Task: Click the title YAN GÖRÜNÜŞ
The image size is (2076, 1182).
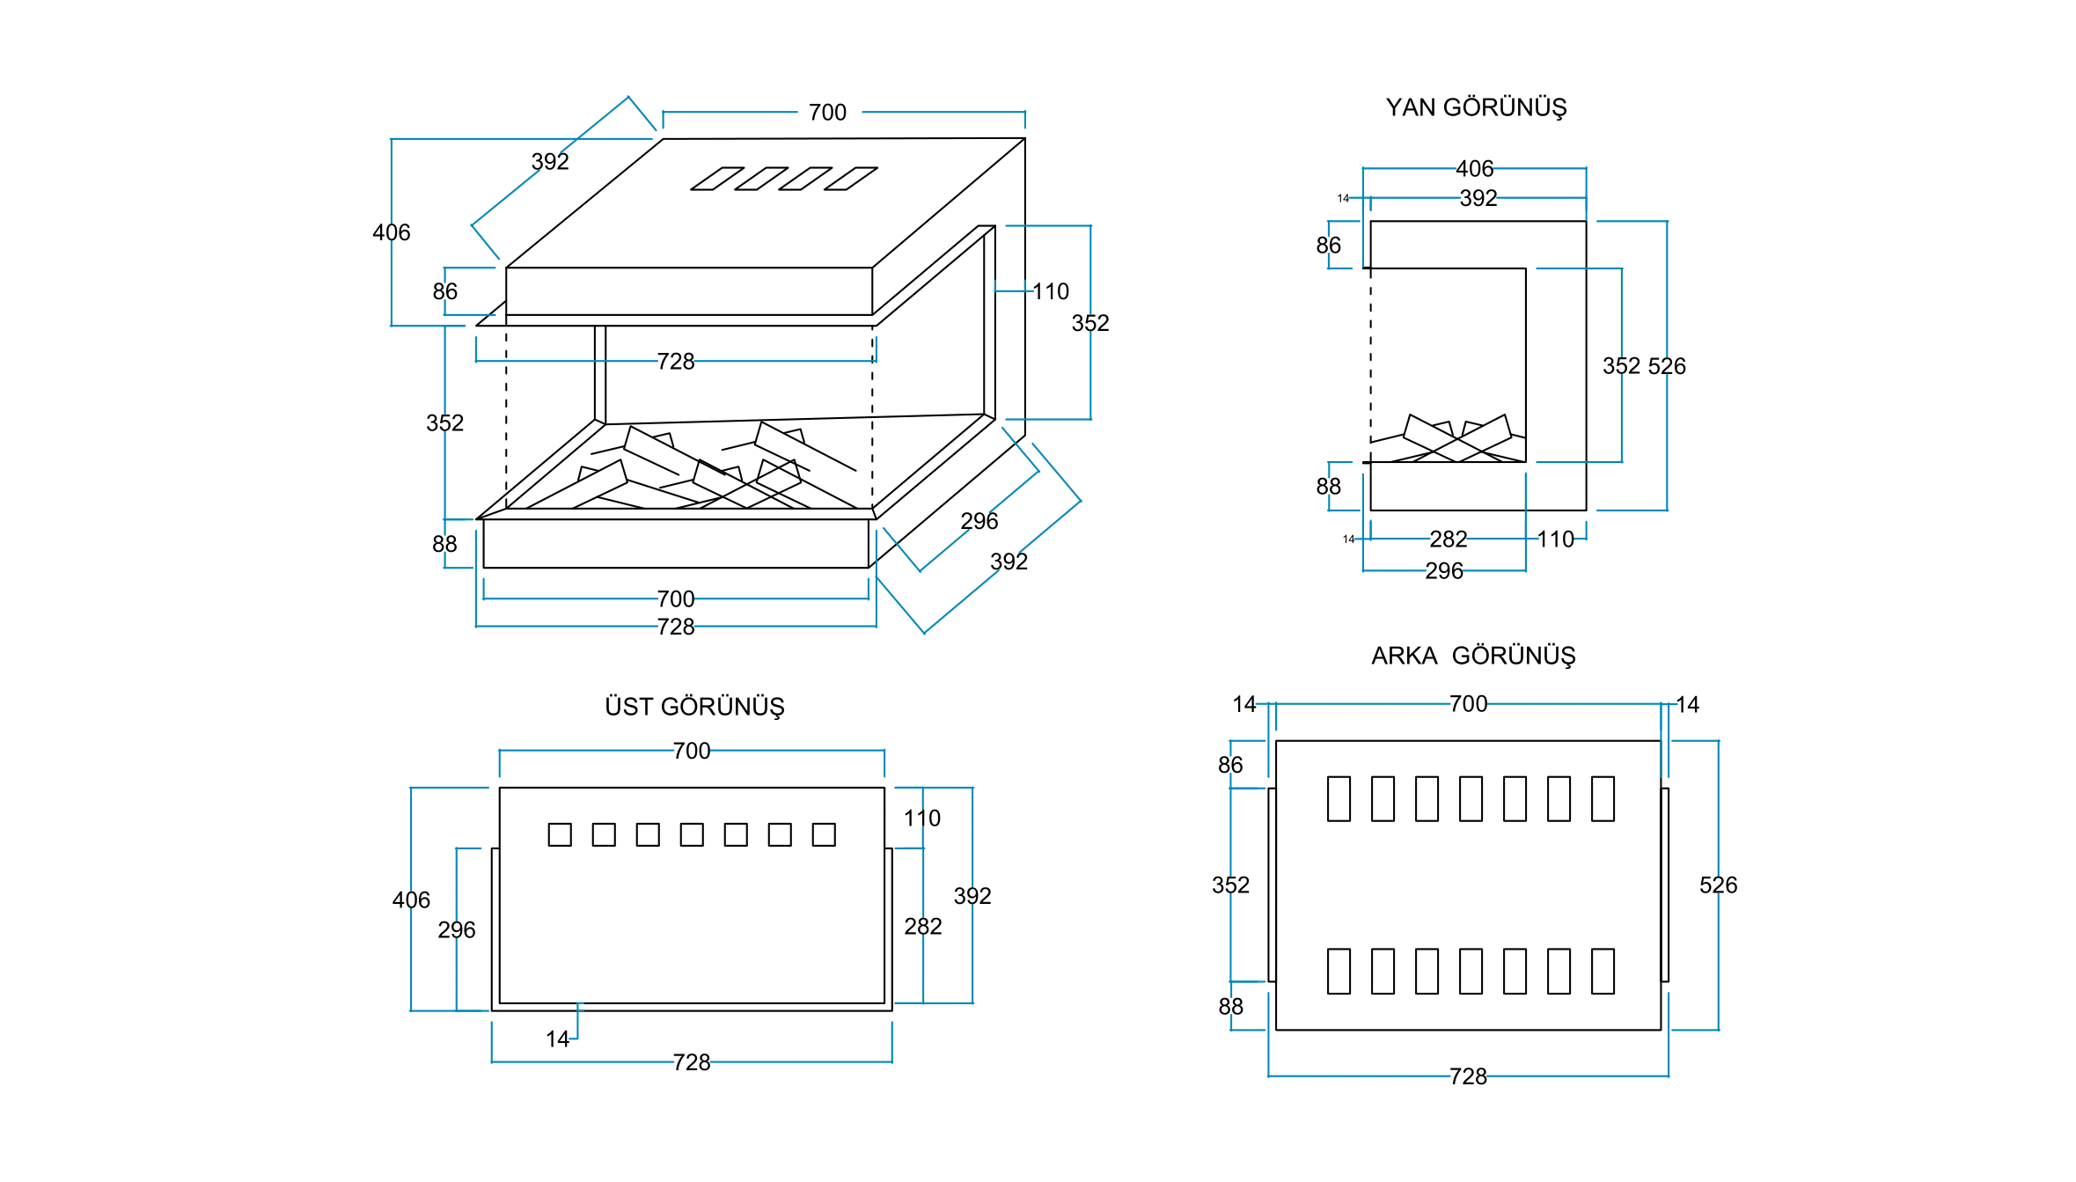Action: tap(1476, 107)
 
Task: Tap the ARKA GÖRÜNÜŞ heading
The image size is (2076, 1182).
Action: tap(1472, 656)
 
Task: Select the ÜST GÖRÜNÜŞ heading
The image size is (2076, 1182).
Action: tap(694, 707)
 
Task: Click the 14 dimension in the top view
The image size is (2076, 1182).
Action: tap(557, 1039)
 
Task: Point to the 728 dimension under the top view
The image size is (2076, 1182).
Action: tap(692, 1062)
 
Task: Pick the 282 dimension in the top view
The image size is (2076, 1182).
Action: tap(922, 926)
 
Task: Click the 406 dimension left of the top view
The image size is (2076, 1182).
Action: tap(411, 899)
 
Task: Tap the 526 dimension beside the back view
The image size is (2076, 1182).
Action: tap(1718, 885)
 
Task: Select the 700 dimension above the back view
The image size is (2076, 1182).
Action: tap(1468, 704)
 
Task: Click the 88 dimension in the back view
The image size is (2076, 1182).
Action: tap(1230, 1006)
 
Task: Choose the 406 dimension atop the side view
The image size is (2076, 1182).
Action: tap(1474, 168)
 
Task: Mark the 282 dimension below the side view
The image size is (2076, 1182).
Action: tap(1448, 539)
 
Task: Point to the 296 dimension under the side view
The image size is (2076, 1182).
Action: tap(1444, 571)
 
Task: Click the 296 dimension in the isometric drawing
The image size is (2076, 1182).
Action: tap(979, 521)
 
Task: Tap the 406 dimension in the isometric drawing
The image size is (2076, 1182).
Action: tap(391, 232)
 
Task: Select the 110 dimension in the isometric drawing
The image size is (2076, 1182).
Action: tap(1050, 291)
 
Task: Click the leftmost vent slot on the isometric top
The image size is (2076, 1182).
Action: tap(717, 179)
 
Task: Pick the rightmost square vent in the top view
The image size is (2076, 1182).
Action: tap(824, 834)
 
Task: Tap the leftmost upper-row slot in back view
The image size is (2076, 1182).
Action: tap(1339, 798)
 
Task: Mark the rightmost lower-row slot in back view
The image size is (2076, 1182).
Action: tap(1603, 971)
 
